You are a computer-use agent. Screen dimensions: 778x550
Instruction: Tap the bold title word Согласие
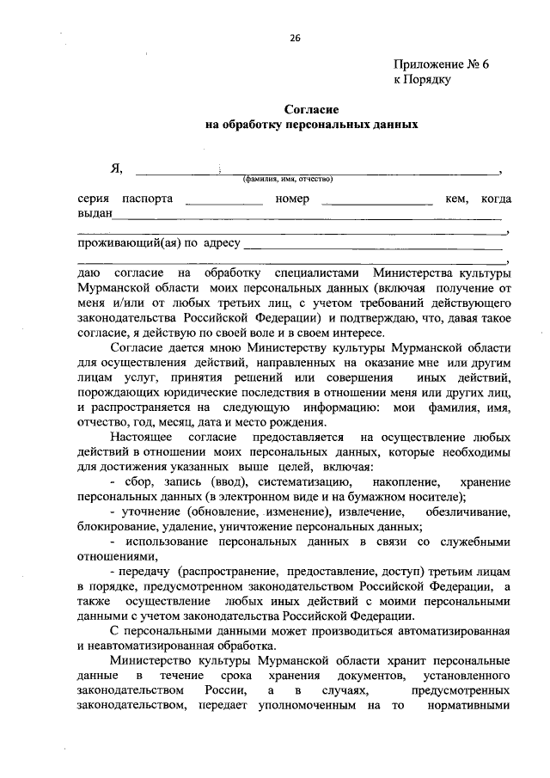tap(312, 109)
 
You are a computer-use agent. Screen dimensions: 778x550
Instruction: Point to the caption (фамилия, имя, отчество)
tap(287, 179)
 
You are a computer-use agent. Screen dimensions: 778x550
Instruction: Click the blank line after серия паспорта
tap(224, 203)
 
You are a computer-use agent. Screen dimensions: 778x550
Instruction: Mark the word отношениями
tap(119, 556)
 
